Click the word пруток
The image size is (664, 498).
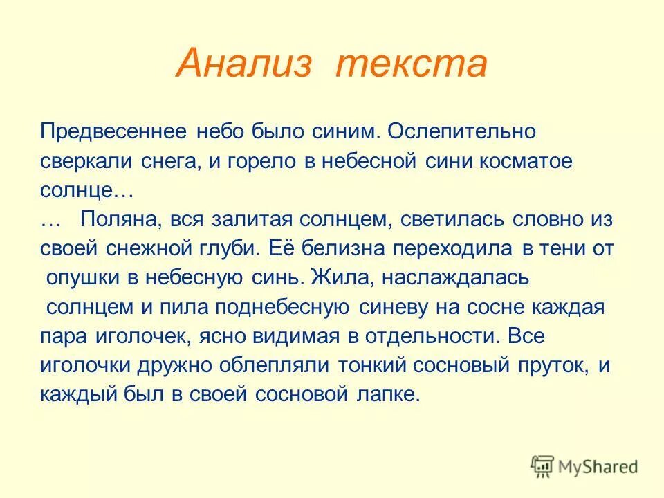(552, 366)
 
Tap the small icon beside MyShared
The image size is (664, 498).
(544, 468)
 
